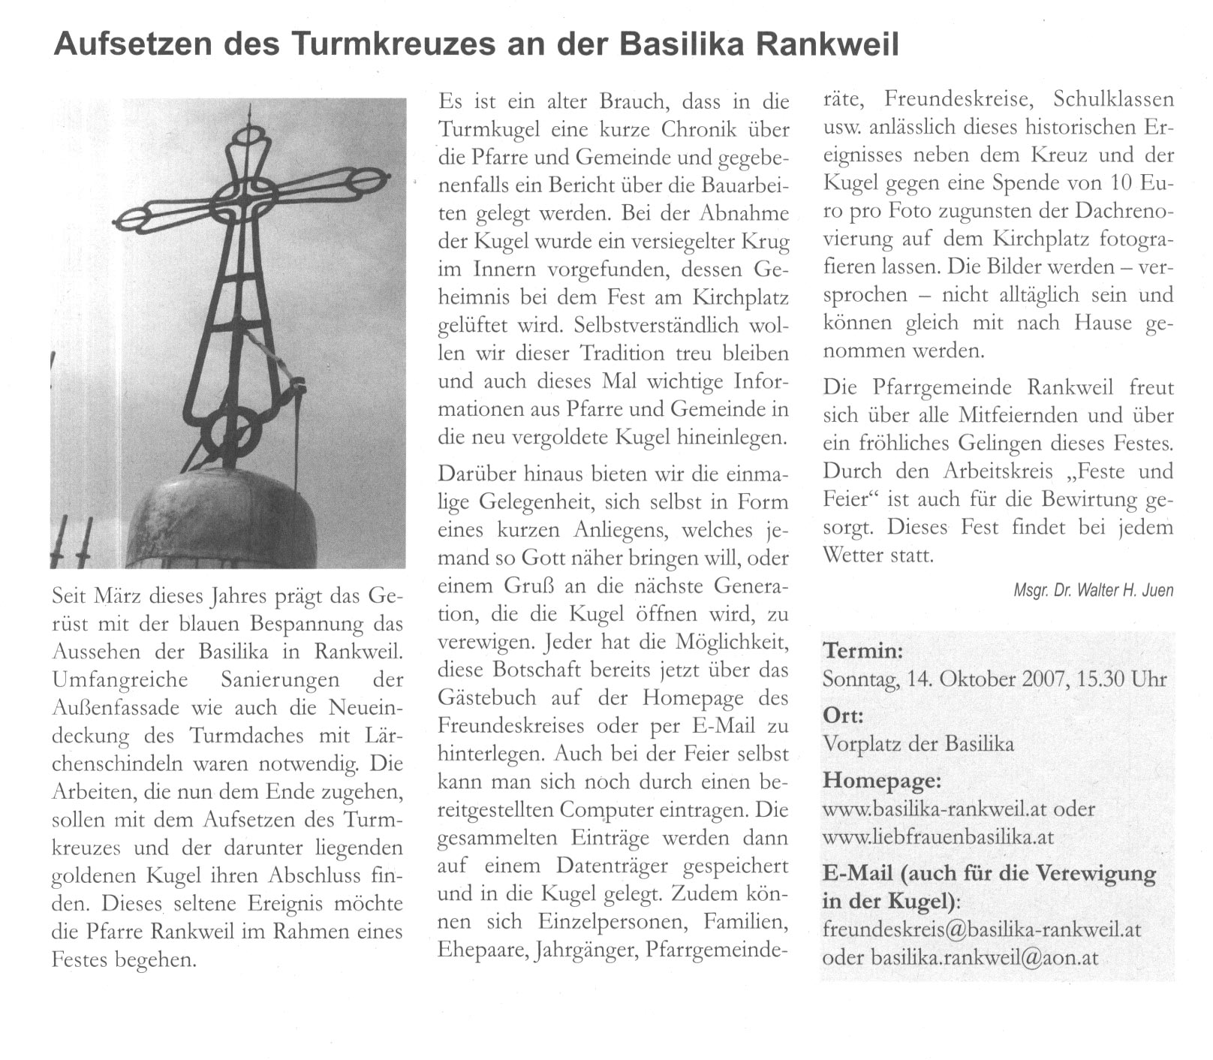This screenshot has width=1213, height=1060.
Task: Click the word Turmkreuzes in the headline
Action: (392, 44)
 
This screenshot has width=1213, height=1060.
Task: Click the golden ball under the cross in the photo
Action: (221, 518)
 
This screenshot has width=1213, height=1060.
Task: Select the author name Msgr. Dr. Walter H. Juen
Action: (1093, 590)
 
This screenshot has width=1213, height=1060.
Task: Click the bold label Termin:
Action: (862, 650)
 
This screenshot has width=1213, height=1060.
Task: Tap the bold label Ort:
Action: (844, 715)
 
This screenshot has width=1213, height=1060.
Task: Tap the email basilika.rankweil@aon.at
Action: (984, 957)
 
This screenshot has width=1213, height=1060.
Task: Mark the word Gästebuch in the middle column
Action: (487, 697)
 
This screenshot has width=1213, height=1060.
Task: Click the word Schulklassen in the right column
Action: (1113, 99)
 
